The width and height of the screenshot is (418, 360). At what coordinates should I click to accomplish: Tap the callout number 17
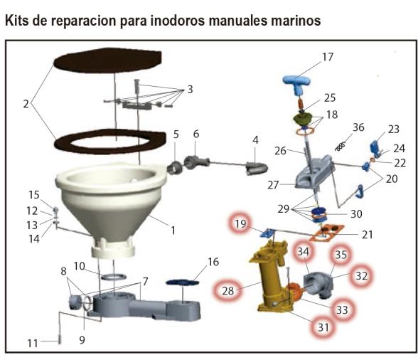click(327, 56)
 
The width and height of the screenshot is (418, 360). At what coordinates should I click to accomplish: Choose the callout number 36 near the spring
click(358, 127)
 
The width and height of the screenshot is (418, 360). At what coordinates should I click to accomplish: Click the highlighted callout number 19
click(241, 226)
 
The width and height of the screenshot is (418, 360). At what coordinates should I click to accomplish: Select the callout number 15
click(34, 194)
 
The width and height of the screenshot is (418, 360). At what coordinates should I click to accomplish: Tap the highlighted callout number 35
click(341, 254)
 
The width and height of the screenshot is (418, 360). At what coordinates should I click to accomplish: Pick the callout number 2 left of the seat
click(26, 104)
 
